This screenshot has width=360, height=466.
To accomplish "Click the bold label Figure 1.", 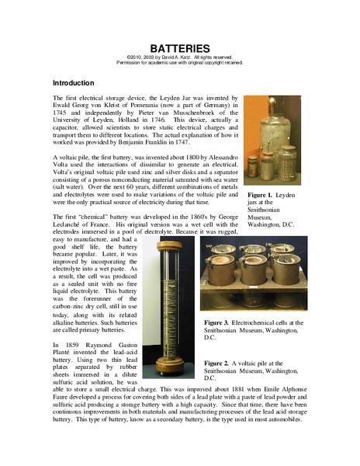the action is point(260,196).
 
